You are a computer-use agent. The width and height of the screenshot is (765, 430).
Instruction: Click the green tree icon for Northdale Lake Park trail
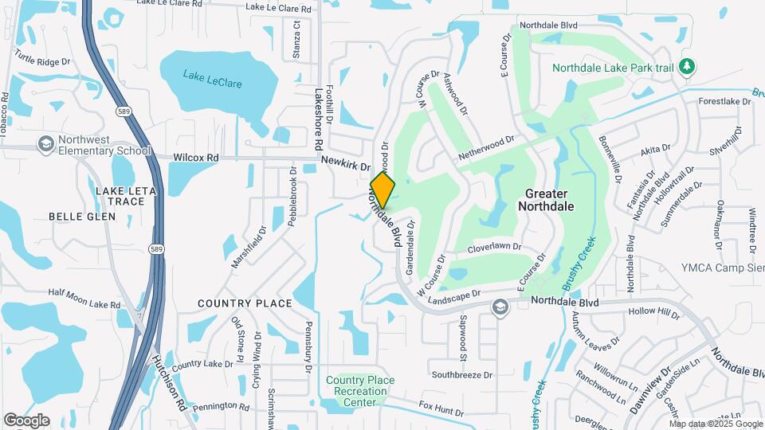point(687,68)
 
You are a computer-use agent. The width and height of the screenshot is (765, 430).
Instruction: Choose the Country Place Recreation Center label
point(360,391)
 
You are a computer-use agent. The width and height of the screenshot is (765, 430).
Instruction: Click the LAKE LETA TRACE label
point(120,196)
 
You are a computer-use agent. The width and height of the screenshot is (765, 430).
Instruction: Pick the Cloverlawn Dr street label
point(494,248)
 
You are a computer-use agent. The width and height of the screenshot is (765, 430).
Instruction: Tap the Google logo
point(26,420)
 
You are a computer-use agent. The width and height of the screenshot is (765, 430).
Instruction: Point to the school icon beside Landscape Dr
point(500,307)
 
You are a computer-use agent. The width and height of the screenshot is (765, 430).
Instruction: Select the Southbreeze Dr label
point(462,374)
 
